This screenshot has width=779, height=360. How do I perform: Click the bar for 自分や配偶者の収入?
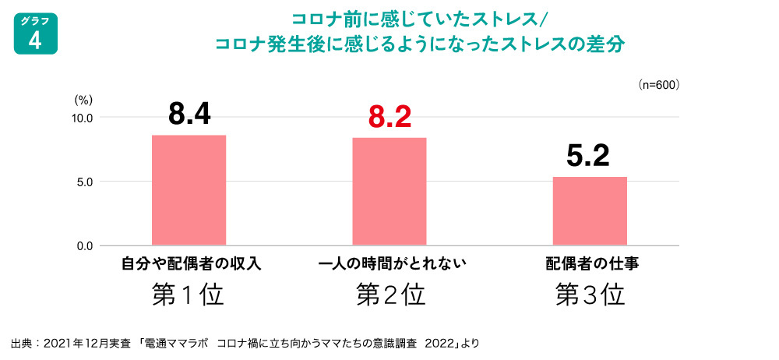(x=189, y=190)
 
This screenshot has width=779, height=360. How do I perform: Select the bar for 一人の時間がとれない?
(x=389, y=192)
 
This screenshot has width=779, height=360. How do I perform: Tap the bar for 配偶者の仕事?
(x=590, y=211)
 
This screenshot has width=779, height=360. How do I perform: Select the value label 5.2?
(x=589, y=157)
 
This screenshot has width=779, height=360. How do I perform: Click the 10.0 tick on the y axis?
(x=83, y=118)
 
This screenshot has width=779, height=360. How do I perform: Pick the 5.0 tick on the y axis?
(x=85, y=182)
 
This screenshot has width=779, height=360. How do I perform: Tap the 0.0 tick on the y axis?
(x=85, y=246)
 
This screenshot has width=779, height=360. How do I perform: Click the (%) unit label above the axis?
(x=83, y=100)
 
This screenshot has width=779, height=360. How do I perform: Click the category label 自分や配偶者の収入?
(x=190, y=263)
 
